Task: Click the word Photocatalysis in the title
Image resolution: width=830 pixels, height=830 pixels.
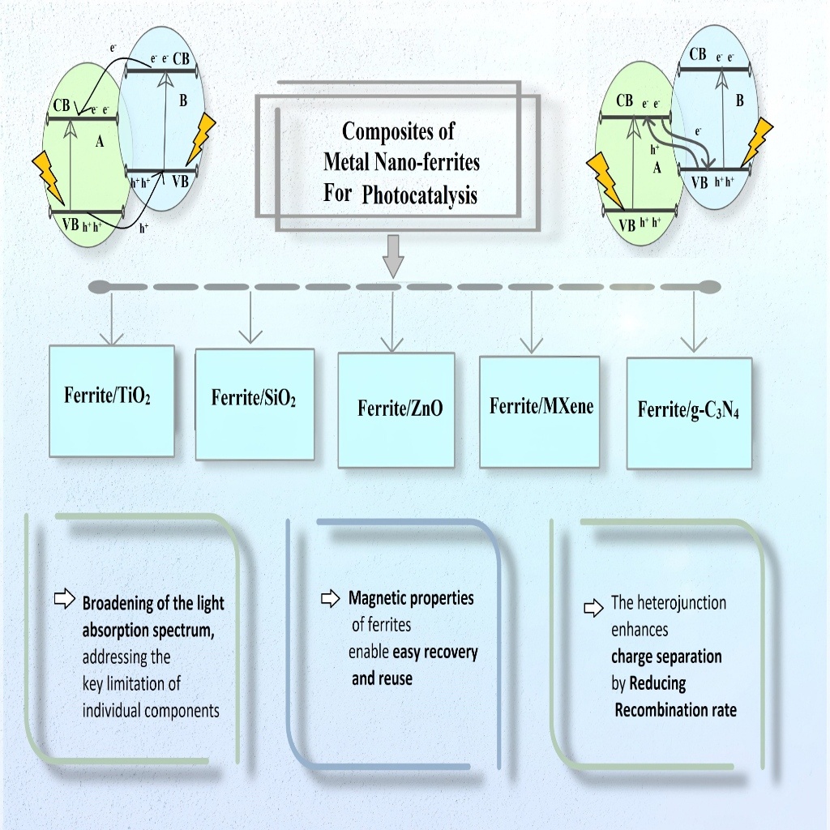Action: point(420,195)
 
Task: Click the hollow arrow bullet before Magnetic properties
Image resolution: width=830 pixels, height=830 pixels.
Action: point(330,599)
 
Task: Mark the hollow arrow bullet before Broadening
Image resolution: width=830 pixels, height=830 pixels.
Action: point(63,600)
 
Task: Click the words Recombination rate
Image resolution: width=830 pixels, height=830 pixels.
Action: point(675,710)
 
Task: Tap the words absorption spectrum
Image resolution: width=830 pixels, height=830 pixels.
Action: point(148,631)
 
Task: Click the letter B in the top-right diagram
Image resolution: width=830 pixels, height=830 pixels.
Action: point(739,101)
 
